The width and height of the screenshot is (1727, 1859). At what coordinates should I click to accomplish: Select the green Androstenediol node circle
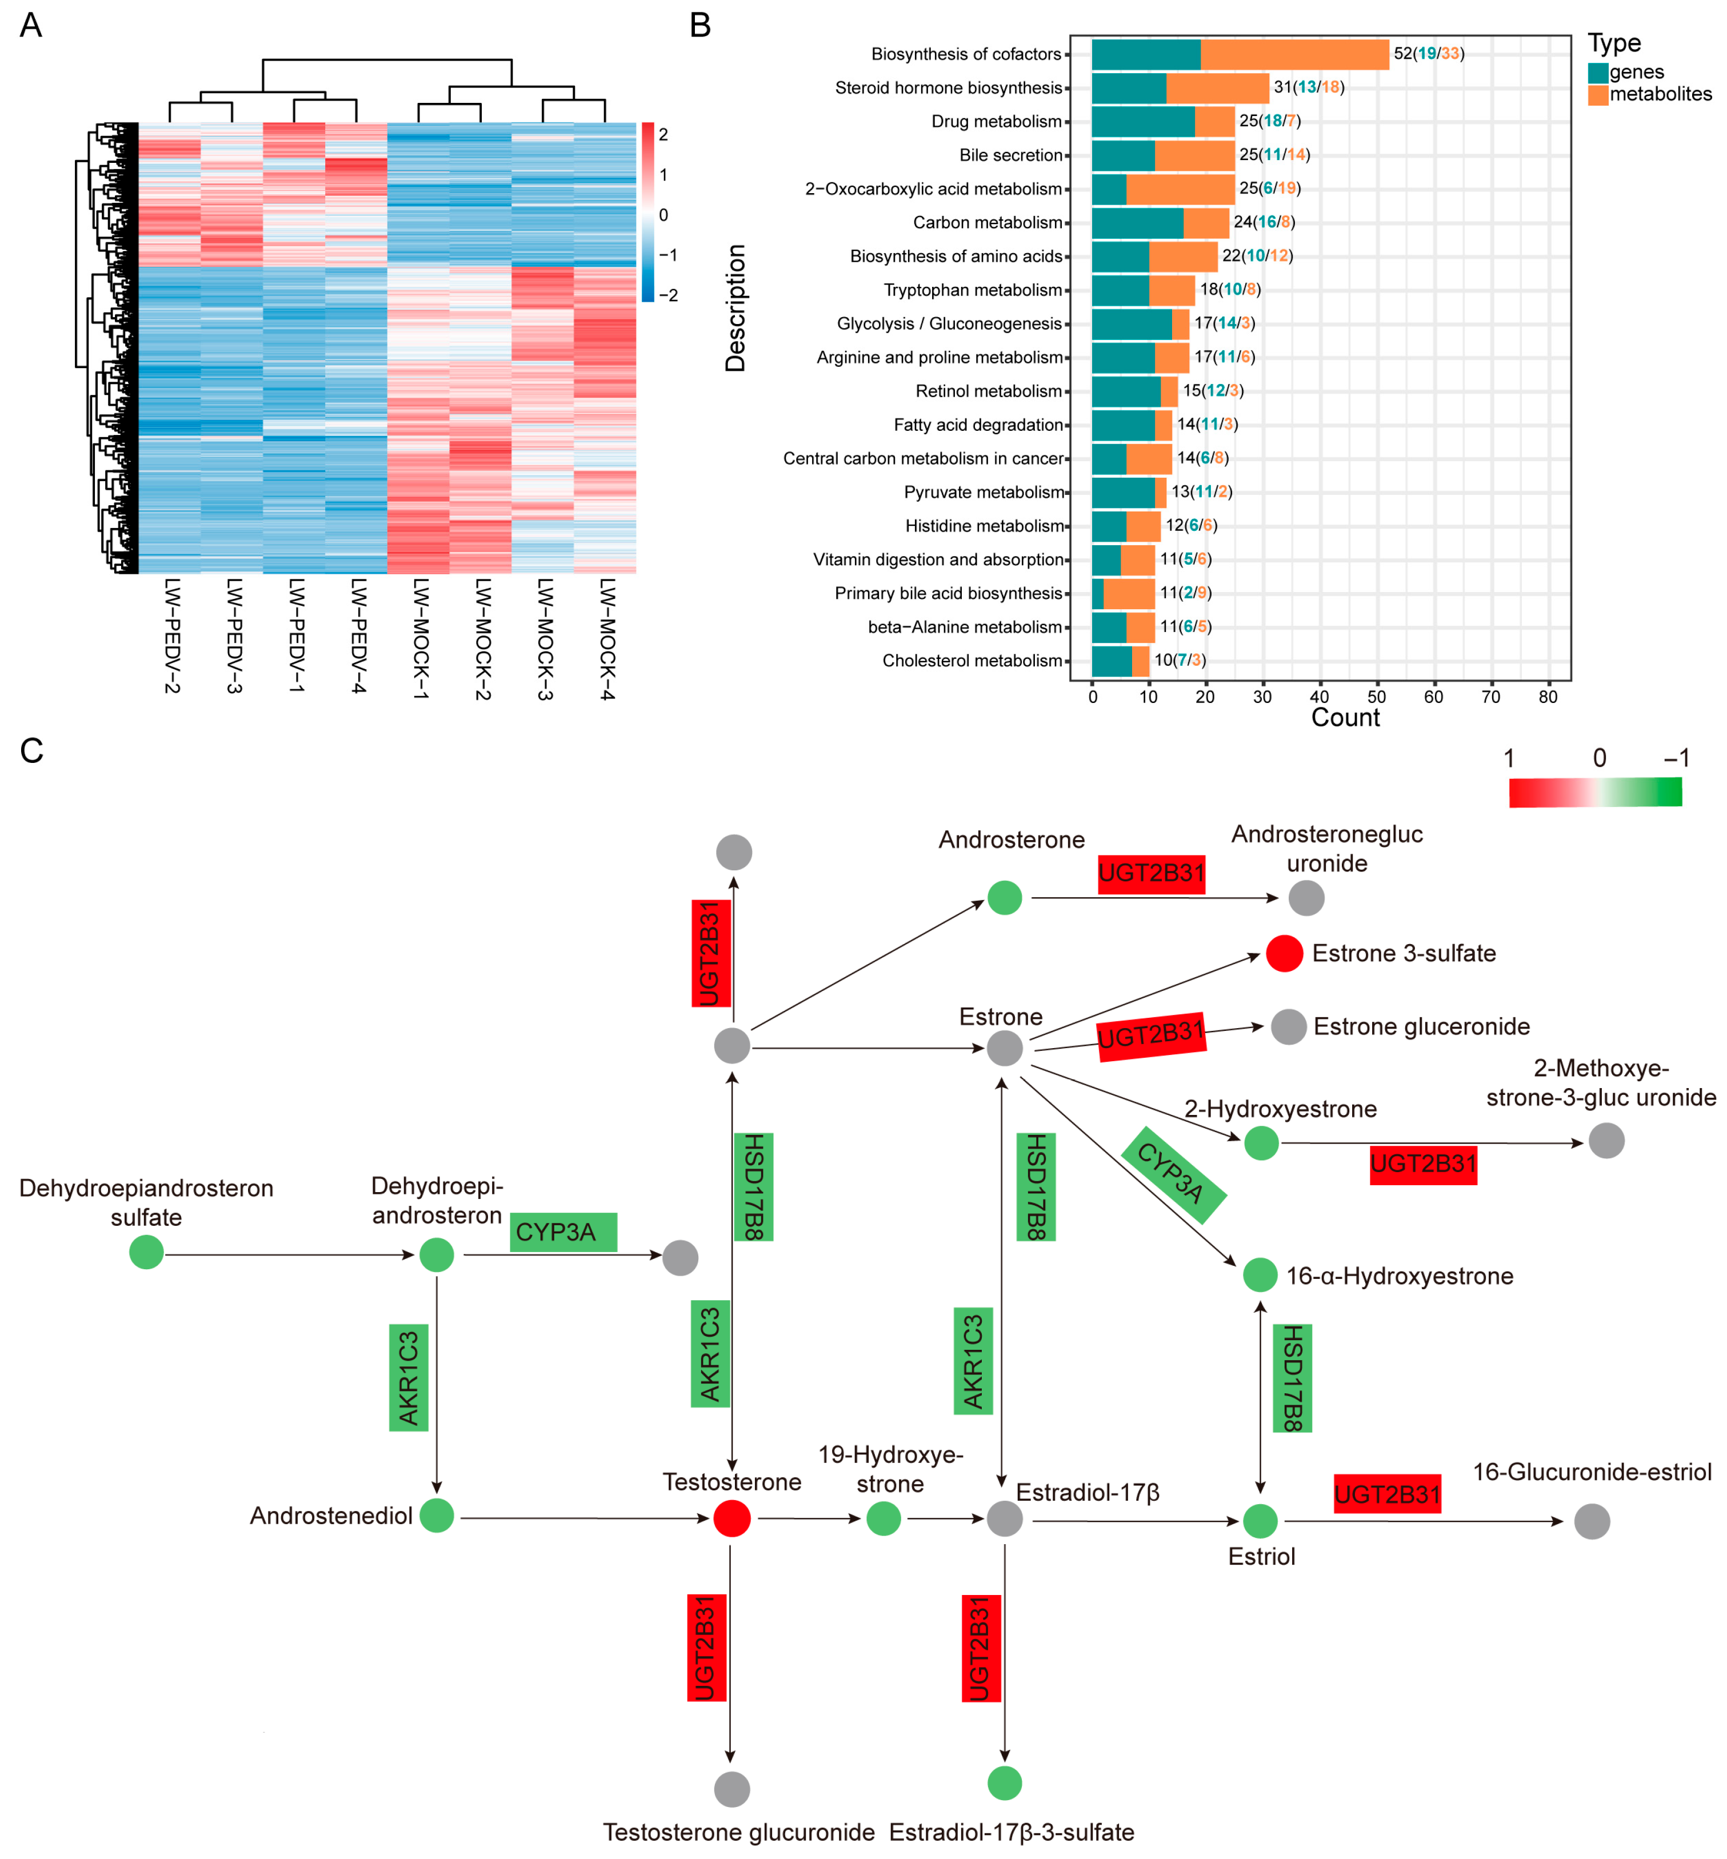click(x=437, y=1515)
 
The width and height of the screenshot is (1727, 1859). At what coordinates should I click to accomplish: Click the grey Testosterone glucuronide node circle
click(x=731, y=1789)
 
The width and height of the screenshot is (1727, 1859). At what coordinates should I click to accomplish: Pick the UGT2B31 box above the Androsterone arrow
click(x=1152, y=873)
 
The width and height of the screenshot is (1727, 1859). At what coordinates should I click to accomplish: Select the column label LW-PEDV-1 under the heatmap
click(x=296, y=635)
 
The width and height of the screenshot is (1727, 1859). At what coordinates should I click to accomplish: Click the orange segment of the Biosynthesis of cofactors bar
click(x=1294, y=54)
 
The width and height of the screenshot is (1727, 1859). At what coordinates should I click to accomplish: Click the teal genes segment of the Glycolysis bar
click(x=1131, y=323)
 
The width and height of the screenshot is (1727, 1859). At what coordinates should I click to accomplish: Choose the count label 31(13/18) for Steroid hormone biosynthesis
click(x=1308, y=87)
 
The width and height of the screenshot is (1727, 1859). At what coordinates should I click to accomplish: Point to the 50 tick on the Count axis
click(x=1377, y=696)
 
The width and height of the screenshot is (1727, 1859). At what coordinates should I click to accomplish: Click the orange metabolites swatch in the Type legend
click(x=1597, y=94)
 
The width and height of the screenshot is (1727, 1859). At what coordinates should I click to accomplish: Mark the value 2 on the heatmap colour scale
click(x=663, y=135)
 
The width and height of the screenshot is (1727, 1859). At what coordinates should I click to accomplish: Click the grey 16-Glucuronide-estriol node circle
click(x=1592, y=1521)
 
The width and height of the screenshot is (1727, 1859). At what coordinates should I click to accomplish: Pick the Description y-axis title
click(x=735, y=309)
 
